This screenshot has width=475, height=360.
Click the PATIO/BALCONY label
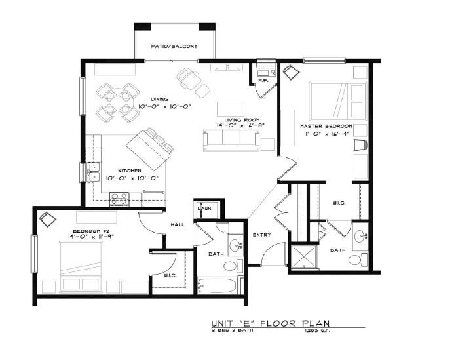[x=174, y=46]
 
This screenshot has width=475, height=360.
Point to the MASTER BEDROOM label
[x=326, y=125]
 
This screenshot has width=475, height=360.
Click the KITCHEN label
[x=130, y=170]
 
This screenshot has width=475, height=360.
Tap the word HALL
[x=178, y=224]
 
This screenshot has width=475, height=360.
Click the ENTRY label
[x=261, y=235]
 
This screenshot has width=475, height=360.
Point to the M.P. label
[x=263, y=81]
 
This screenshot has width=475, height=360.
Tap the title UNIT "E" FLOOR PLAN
[x=269, y=323]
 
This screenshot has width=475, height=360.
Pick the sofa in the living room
[x=231, y=138]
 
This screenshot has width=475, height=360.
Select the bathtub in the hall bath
[x=218, y=286]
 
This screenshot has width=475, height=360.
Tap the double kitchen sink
[x=93, y=172]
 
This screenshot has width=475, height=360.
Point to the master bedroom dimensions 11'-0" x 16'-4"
[x=326, y=133]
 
